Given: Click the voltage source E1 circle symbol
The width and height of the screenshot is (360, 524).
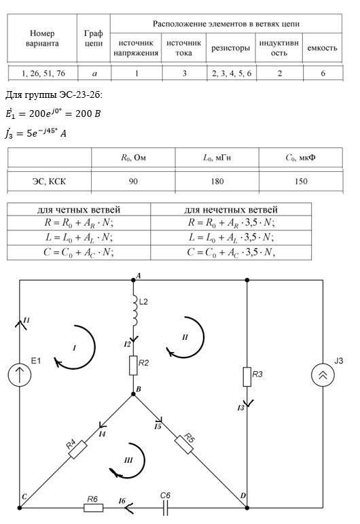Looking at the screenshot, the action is (20, 374).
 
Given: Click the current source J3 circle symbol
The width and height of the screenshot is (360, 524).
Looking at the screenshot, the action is (323, 375).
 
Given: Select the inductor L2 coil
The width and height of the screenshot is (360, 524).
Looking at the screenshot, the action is (135, 311).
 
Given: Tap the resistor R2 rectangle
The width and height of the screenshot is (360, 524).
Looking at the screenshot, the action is (133, 365).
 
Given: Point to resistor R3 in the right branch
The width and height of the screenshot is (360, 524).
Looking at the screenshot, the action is (247, 377).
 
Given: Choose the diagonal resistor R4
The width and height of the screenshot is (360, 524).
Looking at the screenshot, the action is (78, 449).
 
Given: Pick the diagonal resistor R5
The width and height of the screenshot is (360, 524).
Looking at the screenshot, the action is (184, 444).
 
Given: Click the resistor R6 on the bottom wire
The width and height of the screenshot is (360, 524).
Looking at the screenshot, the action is (93, 508).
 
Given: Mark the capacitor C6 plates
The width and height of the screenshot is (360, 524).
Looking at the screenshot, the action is (165, 508).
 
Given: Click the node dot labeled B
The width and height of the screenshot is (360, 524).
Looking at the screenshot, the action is (133, 394).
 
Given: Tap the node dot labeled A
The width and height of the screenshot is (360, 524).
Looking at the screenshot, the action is (133, 280).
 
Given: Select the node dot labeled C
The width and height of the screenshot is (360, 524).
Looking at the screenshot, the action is (20, 508).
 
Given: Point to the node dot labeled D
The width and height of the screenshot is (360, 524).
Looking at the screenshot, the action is (247, 508).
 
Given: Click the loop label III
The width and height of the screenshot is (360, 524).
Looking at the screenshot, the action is (128, 461).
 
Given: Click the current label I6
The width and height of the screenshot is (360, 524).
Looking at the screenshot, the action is (122, 501).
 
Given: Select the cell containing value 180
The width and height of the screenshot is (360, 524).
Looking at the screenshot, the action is (217, 181).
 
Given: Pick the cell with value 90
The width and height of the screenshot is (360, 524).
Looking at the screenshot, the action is (133, 181).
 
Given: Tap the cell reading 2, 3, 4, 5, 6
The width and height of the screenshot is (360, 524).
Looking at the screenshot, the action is (232, 73).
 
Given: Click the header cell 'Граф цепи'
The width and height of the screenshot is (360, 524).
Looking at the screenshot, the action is (94, 38).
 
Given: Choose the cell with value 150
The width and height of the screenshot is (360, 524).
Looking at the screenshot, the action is (301, 181).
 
